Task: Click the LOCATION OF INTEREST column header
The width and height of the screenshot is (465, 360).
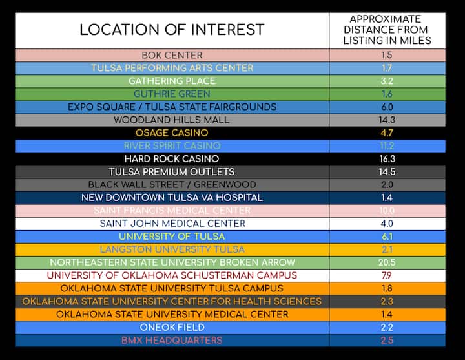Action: click(172, 30)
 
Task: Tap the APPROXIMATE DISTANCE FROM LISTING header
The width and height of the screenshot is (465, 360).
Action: click(386, 30)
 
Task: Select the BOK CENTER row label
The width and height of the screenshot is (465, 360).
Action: click(172, 55)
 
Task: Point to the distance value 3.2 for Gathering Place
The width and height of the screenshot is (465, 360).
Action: click(386, 81)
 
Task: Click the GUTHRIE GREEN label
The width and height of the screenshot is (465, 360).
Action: click(172, 94)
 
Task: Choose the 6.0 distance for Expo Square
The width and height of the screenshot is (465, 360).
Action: click(386, 107)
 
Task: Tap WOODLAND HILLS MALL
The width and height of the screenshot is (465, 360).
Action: click(172, 120)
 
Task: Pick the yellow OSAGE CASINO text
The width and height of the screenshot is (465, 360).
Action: click(172, 132)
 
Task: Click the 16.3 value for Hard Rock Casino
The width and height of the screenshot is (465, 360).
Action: click(386, 158)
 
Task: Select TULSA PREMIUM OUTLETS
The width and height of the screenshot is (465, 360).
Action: click(172, 171)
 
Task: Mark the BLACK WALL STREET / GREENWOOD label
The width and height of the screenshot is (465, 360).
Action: click(172, 184)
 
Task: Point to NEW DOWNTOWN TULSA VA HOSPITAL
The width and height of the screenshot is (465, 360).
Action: click(172, 197)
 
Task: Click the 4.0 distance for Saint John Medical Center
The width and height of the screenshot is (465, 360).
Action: click(386, 223)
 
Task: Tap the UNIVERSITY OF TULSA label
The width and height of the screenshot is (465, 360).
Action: click(172, 236)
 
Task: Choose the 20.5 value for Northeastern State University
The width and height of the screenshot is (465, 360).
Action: click(386, 262)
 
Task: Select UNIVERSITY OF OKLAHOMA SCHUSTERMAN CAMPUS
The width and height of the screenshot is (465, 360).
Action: click(172, 275)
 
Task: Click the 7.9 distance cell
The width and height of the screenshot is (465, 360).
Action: click(386, 275)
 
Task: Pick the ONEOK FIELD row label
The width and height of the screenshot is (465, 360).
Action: click(172, 327)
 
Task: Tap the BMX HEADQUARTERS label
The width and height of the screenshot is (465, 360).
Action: click(172, 340)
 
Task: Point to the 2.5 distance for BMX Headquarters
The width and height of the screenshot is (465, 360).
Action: click(386, 340)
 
